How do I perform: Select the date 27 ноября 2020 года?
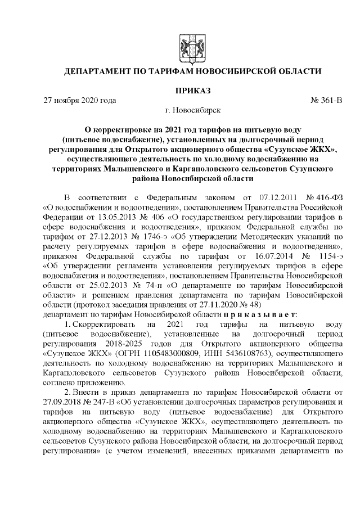(80, 101)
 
